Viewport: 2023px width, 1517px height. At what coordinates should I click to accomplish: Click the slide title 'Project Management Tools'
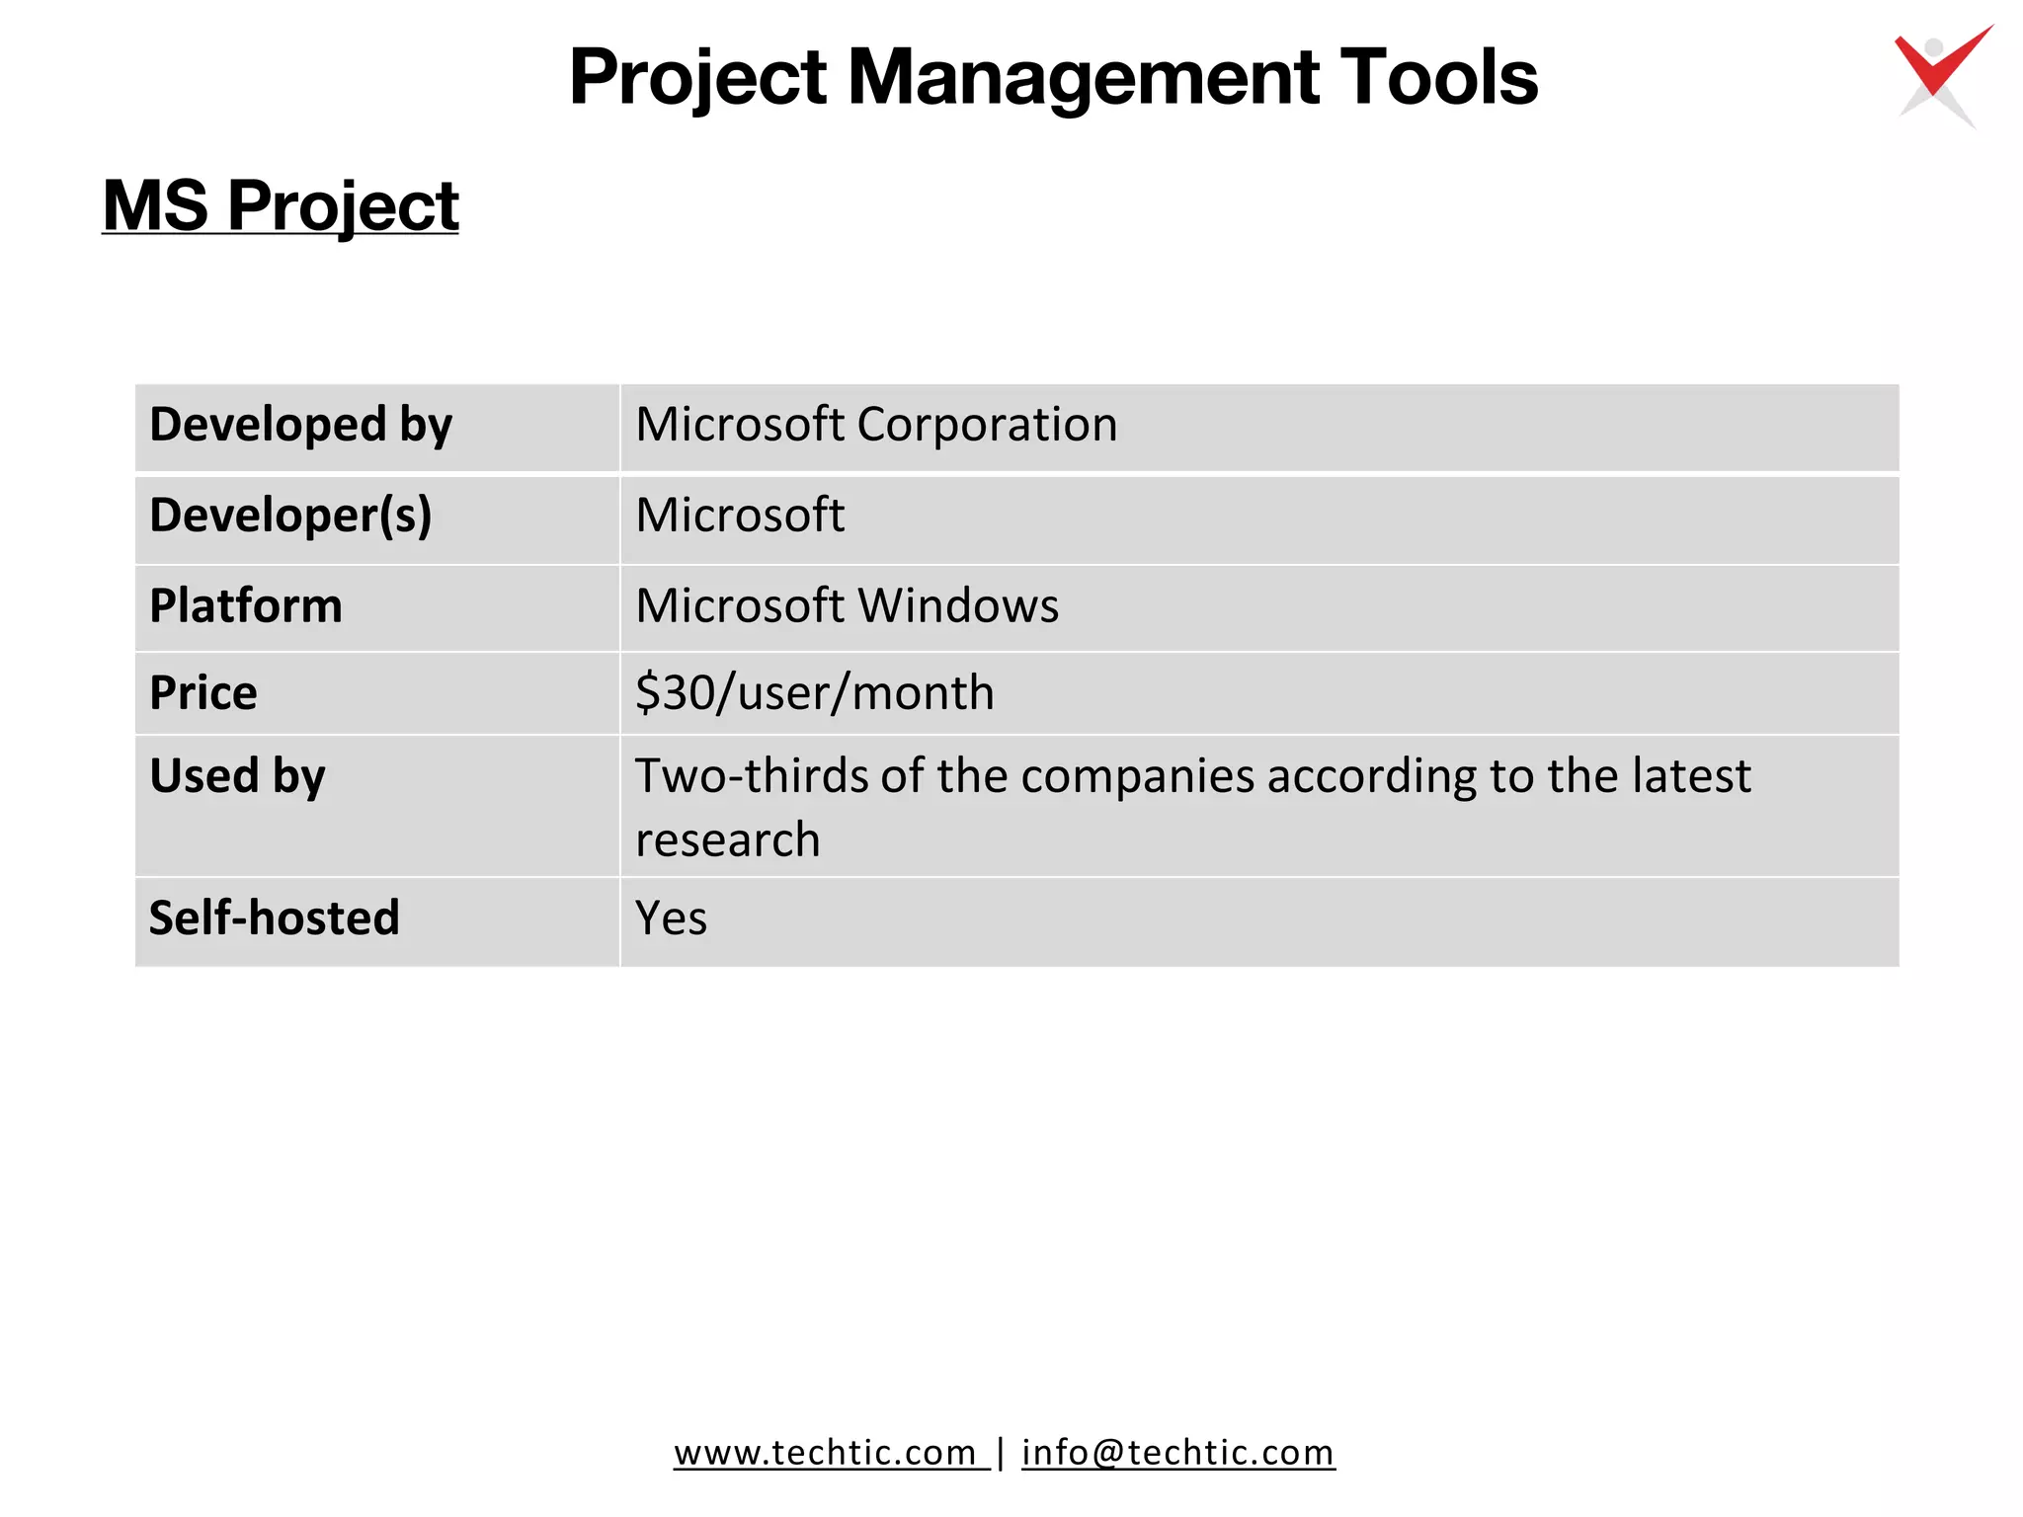1053,77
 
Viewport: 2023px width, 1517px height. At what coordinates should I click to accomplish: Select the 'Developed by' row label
300,425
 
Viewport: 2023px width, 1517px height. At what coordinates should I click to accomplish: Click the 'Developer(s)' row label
290,516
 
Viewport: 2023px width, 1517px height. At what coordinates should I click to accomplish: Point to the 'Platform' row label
246,605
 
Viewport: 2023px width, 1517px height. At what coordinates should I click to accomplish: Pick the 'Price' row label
203,692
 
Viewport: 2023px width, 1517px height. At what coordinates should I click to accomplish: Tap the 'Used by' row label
237,775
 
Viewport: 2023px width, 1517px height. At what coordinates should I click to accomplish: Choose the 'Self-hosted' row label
275,918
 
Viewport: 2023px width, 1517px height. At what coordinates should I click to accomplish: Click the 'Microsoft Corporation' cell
876,425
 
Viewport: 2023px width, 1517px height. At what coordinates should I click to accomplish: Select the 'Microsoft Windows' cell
847,605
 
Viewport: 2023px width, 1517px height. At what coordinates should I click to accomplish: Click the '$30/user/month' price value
814,692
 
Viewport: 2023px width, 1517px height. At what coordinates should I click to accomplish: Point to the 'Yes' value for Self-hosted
671,918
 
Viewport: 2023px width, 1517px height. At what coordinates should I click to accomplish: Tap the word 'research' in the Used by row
727,839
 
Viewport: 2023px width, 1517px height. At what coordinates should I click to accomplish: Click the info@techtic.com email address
1177,1452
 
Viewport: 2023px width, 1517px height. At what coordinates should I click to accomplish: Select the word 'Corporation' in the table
987,425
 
